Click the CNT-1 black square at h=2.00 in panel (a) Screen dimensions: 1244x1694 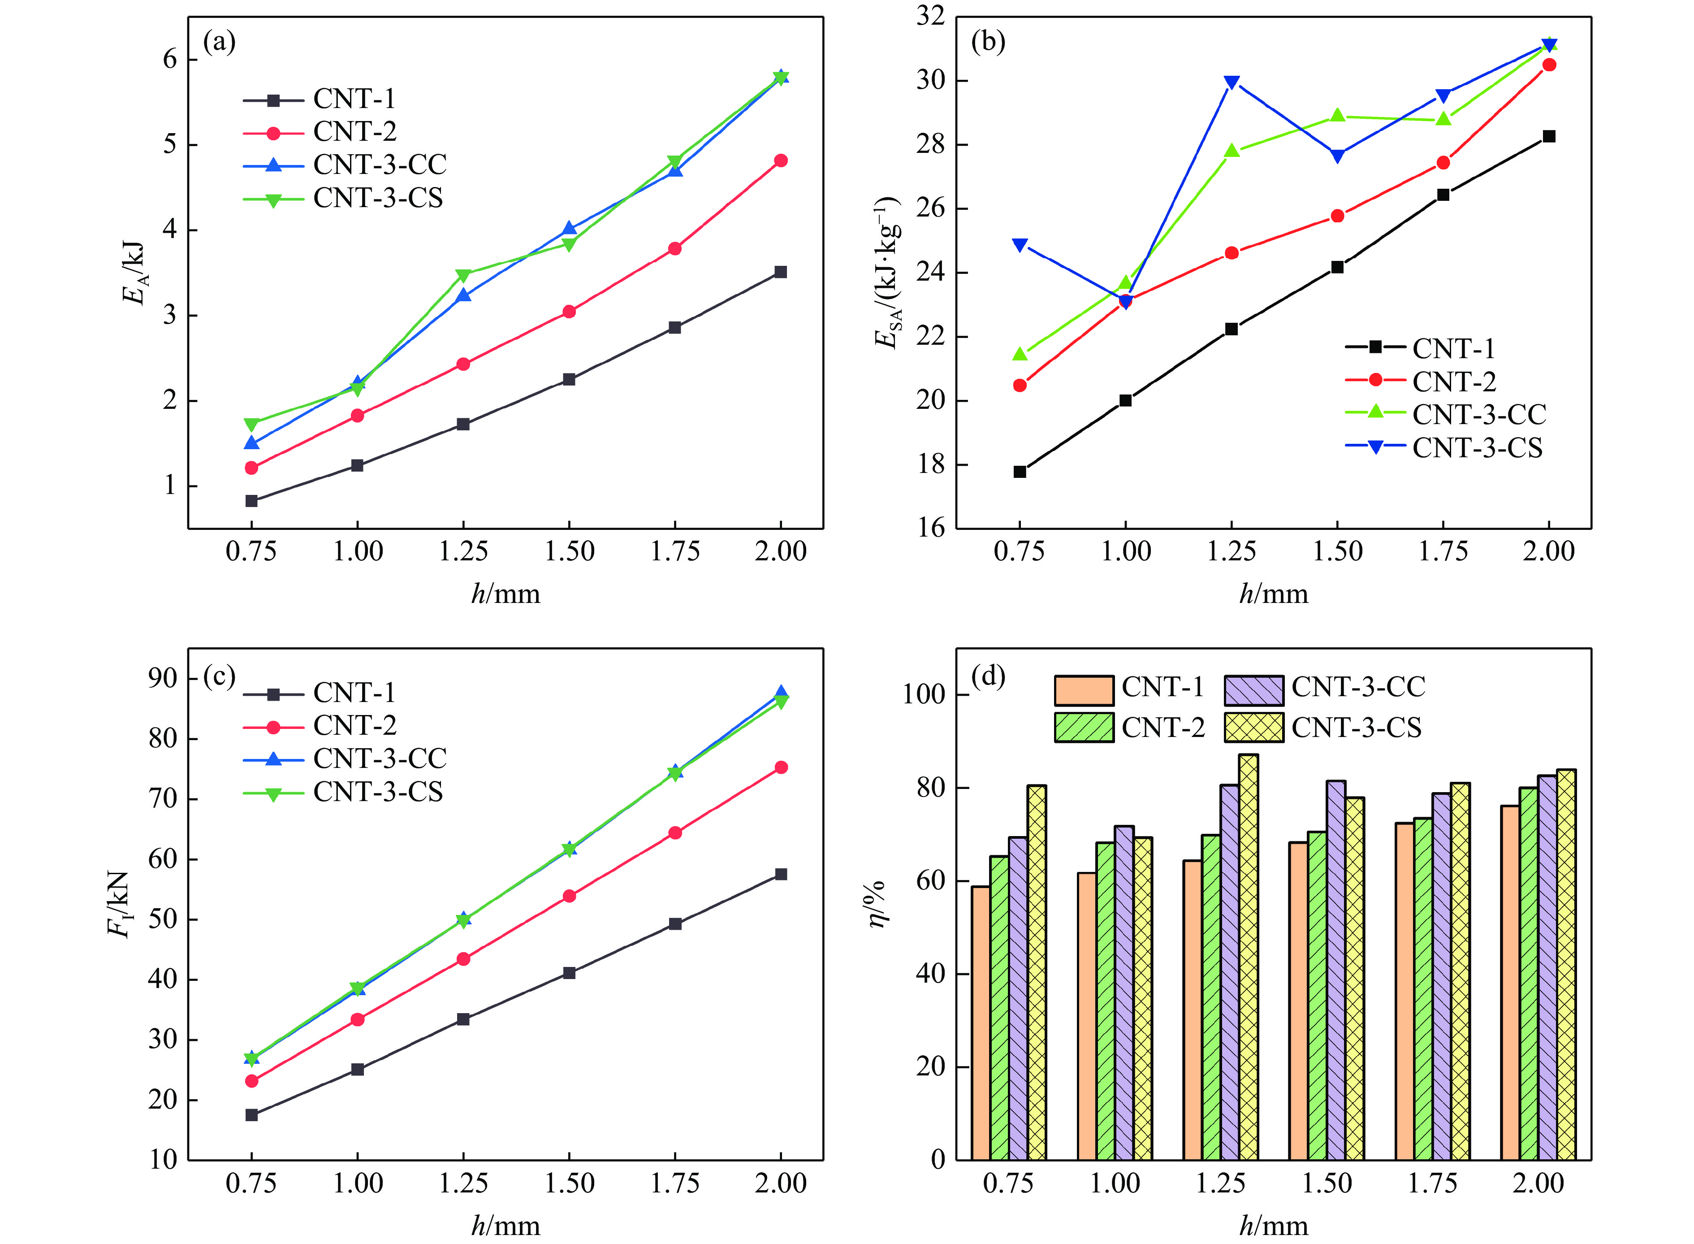coord(781,272)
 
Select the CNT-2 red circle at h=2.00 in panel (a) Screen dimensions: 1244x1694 coord(781,160)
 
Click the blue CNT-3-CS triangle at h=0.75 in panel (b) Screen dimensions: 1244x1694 coord(1020,245)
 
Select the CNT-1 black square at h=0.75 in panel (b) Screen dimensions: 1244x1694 coord(1020,472)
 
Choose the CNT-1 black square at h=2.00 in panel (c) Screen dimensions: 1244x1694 coord(781,874)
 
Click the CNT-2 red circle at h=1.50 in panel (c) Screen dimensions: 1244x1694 coord(569,896)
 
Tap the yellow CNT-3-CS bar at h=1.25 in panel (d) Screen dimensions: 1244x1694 coord(1248,956)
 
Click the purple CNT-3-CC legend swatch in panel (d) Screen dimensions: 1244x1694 coord(1253,689)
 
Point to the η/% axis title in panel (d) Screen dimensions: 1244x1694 coord(876,904)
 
